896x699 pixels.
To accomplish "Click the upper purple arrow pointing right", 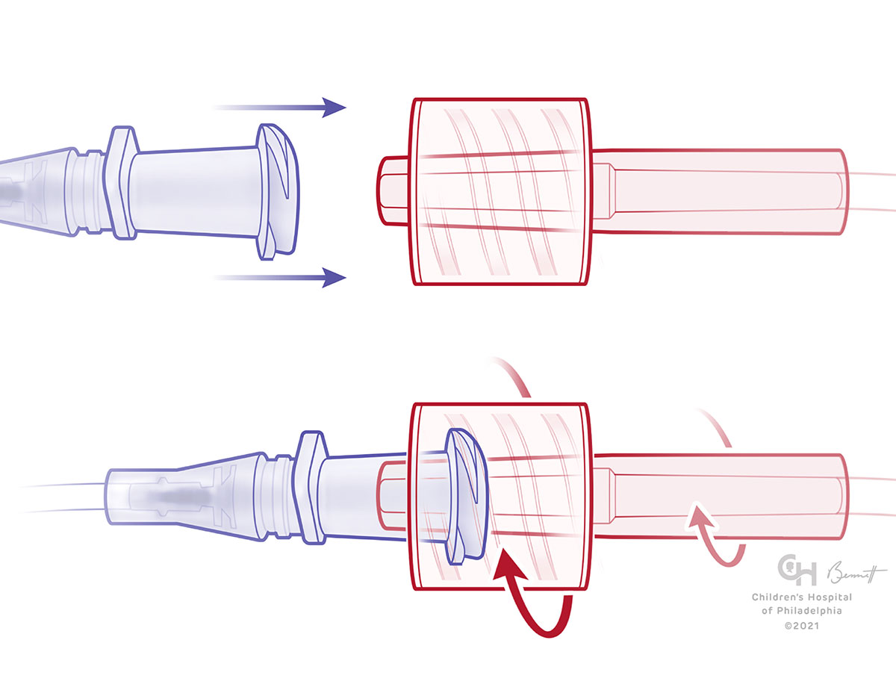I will [299, 108].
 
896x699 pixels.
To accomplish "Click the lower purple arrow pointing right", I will [299, 278].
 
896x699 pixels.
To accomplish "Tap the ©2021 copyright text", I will [800, 625].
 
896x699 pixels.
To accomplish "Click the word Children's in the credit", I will [778, 597].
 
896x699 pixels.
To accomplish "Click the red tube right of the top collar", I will [717, 191].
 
